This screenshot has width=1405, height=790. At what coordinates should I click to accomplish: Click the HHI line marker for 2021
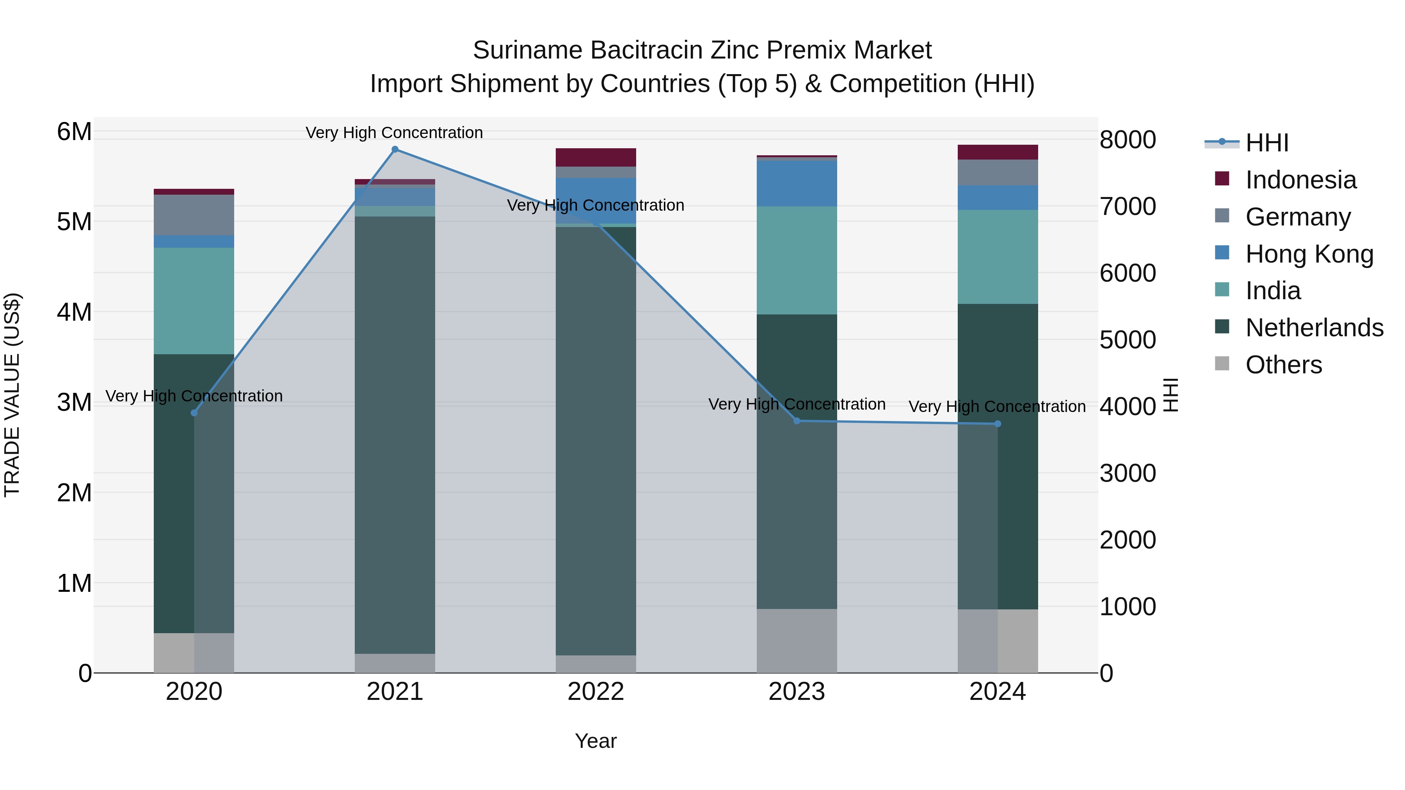point(395,149)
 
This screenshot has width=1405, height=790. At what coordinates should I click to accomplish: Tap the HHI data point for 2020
point(194,413)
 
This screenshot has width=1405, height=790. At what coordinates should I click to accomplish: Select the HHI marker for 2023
point(797,421)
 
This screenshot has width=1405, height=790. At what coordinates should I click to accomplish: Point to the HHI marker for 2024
point(998,424)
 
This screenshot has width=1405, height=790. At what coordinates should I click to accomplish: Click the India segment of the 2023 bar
point(797,260)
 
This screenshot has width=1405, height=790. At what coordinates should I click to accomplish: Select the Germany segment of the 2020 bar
point(194,215)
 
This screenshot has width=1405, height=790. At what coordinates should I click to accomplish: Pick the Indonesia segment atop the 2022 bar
point(596,157)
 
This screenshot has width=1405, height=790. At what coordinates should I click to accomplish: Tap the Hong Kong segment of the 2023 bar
point(797,183)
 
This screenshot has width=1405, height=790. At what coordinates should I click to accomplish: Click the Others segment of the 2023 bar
point(797,641)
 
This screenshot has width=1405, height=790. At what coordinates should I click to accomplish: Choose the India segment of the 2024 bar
point(998,257)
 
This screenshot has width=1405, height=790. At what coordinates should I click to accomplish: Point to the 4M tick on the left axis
point(74,312)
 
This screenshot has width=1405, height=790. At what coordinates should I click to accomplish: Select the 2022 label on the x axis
point(596,692)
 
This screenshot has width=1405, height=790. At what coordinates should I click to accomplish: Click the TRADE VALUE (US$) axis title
point(12,395)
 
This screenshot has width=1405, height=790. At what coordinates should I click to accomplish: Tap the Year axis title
point(596,741)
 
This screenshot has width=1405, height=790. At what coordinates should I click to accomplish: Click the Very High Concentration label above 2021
point(394,133)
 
